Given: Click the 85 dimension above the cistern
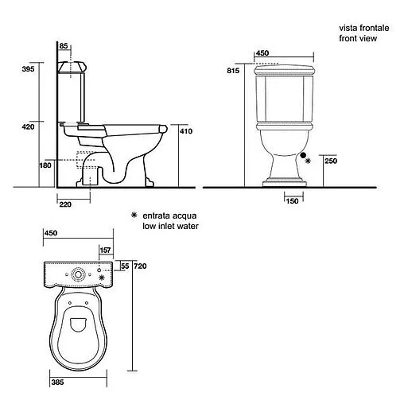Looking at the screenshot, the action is point(64,46).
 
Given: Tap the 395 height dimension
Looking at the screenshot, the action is point(28,69).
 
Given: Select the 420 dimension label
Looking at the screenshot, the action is point(28,127).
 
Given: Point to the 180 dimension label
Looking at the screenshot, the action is point(45,165).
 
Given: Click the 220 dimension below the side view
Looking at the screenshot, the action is point(65,204).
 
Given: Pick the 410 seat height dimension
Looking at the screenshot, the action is point(186,131).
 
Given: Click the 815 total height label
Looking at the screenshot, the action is point(233,71).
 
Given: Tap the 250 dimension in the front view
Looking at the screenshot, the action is point(331,161).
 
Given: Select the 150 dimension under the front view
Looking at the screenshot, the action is point(292,201).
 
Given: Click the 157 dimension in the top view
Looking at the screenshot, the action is point(105,251).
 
